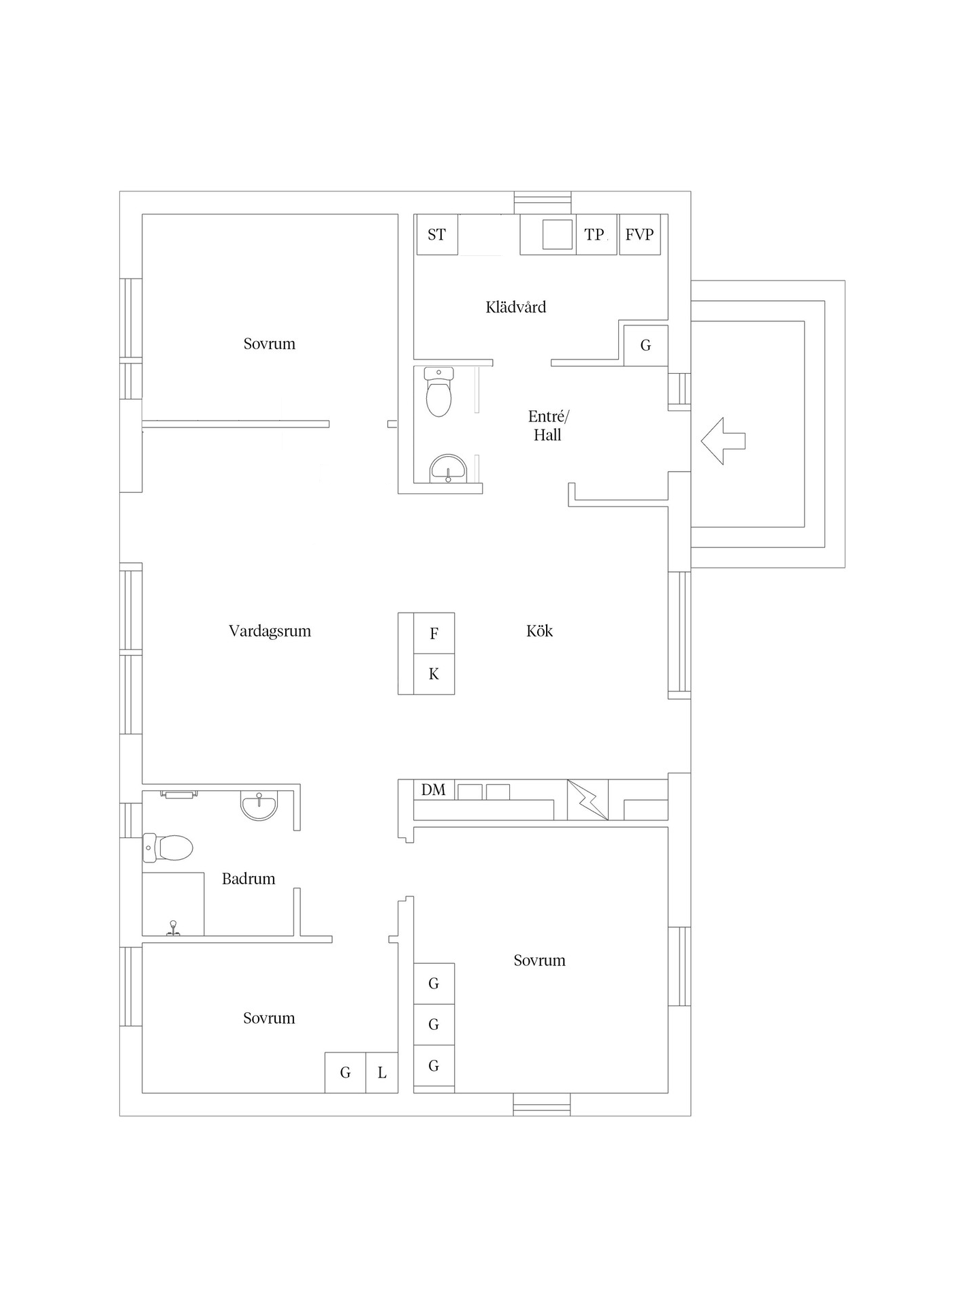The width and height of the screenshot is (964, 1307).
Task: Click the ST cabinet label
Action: pos(436,235)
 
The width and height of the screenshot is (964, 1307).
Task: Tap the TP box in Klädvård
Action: pos(597,235)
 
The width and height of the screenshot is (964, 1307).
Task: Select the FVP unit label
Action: pos(639,235)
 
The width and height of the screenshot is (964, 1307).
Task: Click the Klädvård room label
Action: pos(516,307)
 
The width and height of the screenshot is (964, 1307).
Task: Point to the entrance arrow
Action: pos(723,441)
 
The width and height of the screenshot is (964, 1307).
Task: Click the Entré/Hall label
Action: pos(547,425)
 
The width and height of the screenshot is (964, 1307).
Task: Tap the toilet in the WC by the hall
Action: pos(438,391)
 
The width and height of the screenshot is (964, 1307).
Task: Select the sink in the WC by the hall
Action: pos(448,468)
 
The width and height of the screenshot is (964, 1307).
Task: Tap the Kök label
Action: pos(539,631)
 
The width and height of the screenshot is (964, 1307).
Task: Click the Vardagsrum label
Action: pos(270,631)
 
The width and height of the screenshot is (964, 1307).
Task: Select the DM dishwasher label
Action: pos(434,790)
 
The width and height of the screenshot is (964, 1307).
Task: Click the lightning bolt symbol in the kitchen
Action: pos(588,800)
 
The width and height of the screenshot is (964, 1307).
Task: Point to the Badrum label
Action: pos(248,879)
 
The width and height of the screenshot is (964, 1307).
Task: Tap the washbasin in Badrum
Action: pos(259,805)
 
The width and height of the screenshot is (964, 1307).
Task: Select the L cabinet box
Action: pos(382,1073)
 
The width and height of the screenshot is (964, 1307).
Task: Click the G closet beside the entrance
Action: pos(646,346)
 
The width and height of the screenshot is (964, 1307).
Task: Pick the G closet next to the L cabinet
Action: pos(345,1073)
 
